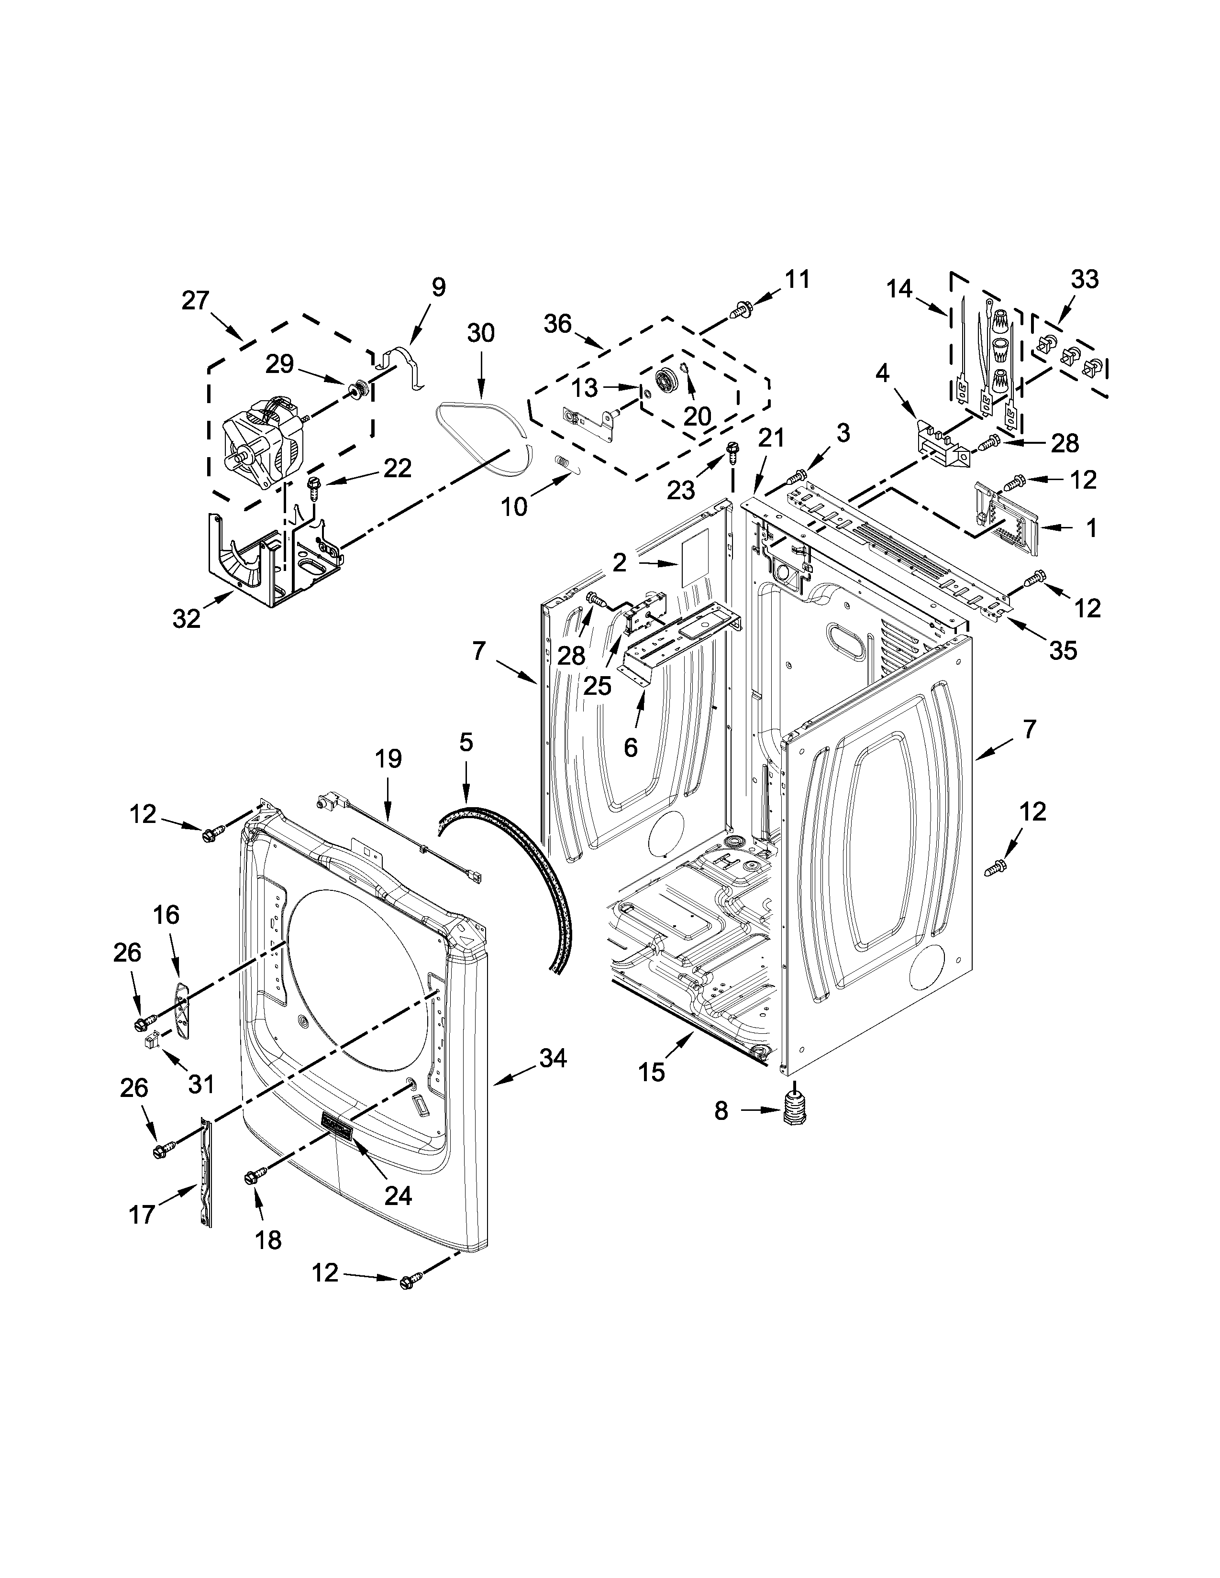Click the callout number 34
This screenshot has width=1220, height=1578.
click(553, 1059)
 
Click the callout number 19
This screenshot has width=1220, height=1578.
click(388, 759)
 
